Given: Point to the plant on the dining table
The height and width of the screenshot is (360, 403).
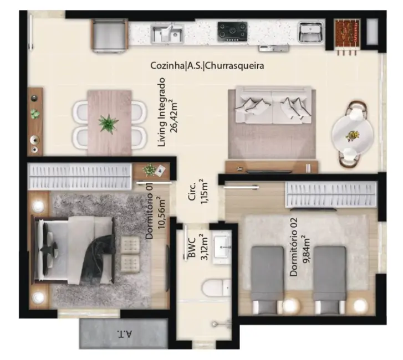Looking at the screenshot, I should [x=108, y=122].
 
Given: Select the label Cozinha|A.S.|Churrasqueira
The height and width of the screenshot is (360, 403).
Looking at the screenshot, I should [x=207, y=65].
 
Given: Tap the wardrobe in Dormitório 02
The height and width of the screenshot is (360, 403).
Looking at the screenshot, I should [x=330, y=194].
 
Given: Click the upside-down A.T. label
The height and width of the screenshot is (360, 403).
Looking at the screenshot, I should [x=123, y=334].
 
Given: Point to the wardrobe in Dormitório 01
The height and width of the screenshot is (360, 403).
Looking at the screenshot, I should [x=80, y=177].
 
